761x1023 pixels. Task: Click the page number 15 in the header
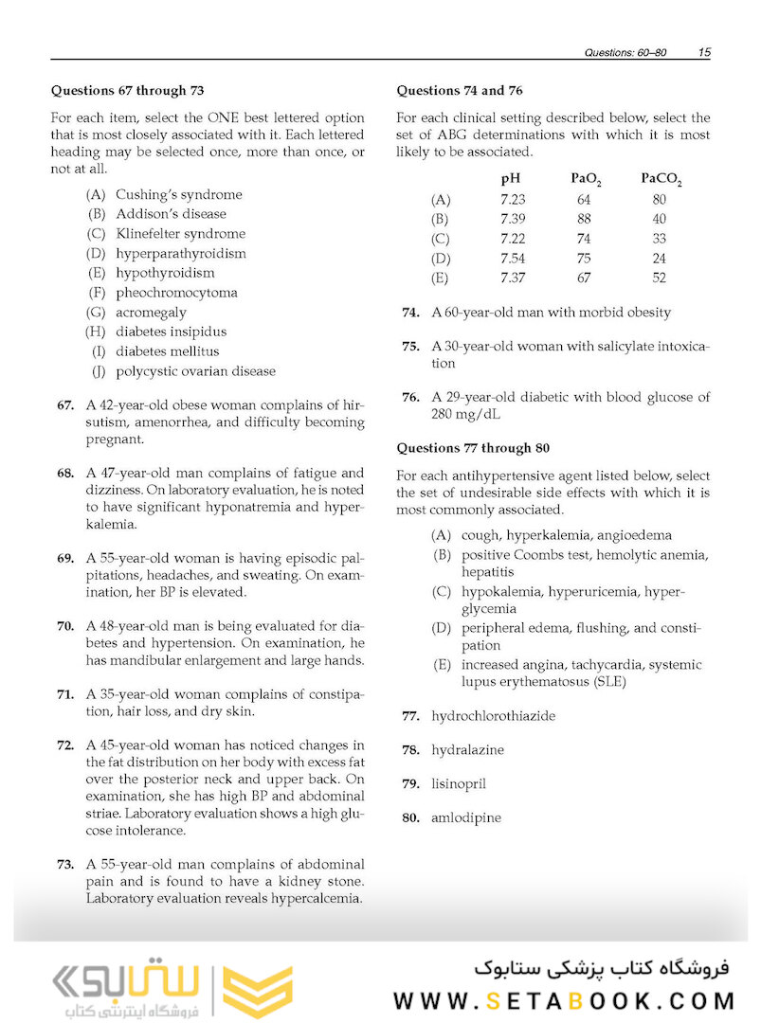(703, 52)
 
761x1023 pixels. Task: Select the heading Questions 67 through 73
(127, 91)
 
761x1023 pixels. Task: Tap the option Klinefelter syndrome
(180, 234)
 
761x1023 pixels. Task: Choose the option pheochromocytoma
(176, 293)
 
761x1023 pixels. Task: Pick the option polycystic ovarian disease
(195, 371)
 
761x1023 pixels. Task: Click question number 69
(65, 558)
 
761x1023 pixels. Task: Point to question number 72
(65, 745)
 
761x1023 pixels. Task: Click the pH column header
(511, 178)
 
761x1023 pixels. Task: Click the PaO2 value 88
(583, 219)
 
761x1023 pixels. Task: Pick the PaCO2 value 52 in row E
(660, 278)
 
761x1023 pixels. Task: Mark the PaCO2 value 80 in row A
(660, 200)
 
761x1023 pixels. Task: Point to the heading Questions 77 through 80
(473, 448)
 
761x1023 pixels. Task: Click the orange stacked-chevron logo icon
(258, 991)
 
